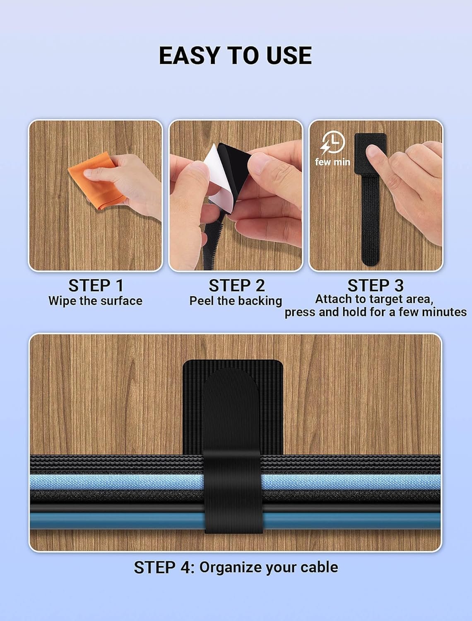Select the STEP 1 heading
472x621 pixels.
point(96,286)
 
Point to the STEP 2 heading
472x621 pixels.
point(236,286)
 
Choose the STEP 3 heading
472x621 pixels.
point(375,285)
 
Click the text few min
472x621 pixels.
point(332,162)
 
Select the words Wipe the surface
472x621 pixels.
point(95,301)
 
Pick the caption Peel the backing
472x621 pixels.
point(236,301)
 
